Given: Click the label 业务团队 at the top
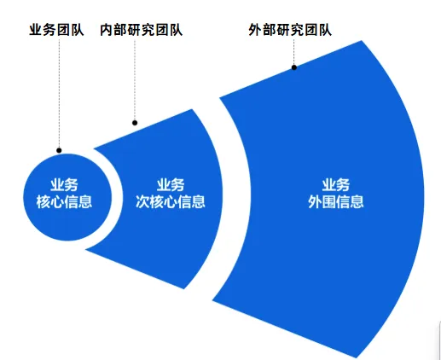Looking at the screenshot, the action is coord(56,30).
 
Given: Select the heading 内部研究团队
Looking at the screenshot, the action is coord(141,30).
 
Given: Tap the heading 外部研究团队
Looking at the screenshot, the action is coord(290,30).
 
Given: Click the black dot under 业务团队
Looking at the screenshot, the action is coord(59,150).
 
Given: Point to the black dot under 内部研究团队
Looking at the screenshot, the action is coord(135,123).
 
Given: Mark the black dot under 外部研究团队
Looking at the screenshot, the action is coord(294,67).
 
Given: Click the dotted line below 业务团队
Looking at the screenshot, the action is coord(59,93).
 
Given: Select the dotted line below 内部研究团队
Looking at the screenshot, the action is coord(135,79).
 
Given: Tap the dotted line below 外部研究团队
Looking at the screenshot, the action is coord(294,52).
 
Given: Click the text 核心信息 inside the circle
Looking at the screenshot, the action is coord(64,202).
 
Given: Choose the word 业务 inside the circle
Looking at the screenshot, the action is coord(64,185).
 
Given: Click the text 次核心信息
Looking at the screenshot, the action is coord(171,202).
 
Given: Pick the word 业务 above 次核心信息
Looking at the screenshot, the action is coord(171,185).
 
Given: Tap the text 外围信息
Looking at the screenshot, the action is coord(336,202).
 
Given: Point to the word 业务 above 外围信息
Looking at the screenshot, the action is coord(336,185).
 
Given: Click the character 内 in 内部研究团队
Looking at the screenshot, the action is coord(107,30).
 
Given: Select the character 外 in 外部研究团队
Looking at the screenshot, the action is coord(255,30).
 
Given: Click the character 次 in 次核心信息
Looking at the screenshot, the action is coord(142,202).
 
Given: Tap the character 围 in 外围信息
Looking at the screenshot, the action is coord(329,202).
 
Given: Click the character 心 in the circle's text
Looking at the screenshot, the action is coord(57,202).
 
